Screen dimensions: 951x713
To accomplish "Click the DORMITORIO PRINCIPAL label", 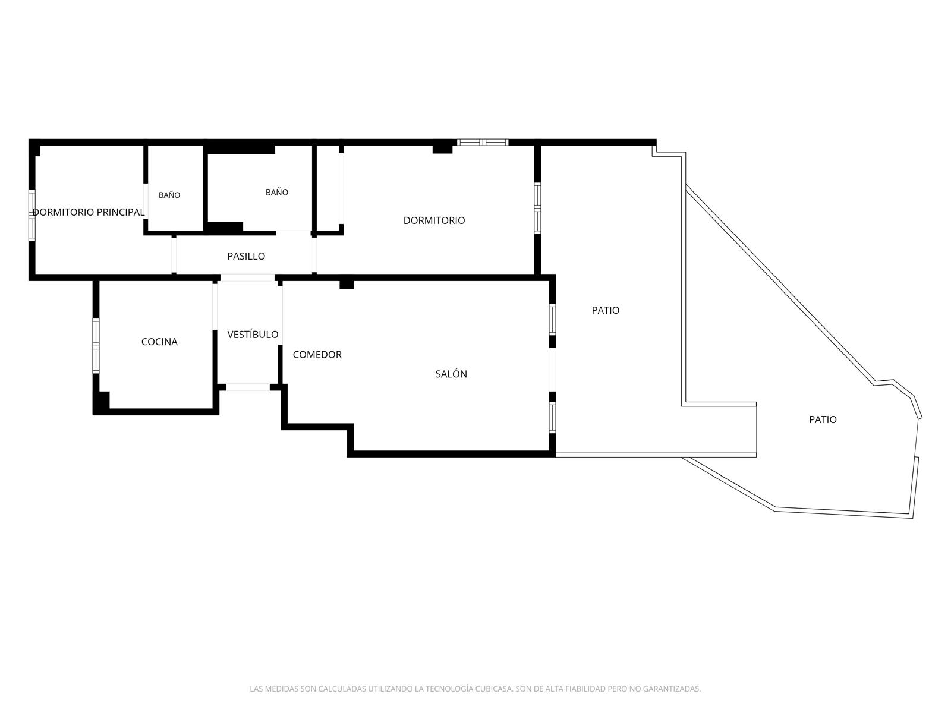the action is (89, 212).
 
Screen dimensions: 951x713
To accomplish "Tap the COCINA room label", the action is (159, 342).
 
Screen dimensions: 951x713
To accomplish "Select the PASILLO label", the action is (246, 256).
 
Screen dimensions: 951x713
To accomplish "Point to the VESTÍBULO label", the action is (253, 334).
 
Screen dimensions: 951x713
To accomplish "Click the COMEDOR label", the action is (317, 355).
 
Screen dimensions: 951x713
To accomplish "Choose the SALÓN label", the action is (451, 374).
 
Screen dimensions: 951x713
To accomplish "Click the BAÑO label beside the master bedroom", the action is (169, 195).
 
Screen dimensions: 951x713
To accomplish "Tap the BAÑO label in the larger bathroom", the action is (277, 192).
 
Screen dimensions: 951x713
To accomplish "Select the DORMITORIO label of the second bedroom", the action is (434, 220).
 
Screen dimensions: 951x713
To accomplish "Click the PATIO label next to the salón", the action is (605, 310).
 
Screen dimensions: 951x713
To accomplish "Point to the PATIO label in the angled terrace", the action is (823, 419).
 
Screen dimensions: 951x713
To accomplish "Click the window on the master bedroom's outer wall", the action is (32, 215).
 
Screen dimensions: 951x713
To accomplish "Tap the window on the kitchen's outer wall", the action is (96, 346).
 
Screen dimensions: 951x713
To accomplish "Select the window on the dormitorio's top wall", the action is (483, 142).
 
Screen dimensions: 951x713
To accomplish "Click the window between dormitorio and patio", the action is (537, 208).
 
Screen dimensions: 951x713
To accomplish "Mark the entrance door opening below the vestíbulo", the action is (248, 387).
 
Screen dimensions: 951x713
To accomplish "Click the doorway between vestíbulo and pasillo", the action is (247, 277).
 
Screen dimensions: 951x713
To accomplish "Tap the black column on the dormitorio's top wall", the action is (442, 149).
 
